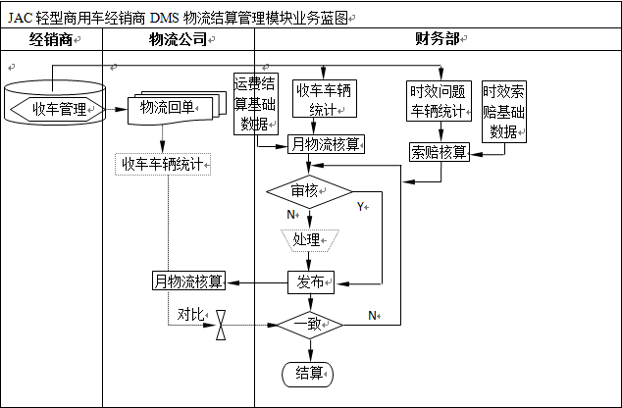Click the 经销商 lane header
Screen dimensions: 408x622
(52, 39)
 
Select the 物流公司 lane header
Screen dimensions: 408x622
(178, 39)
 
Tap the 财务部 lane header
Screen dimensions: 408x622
(438, 39)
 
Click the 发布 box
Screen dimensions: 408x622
(310, 281)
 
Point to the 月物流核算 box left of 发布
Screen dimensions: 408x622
(189, 281)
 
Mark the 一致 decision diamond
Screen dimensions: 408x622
(310, 324)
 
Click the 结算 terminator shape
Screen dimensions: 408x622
(309, 373)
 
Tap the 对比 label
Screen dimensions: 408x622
(190, 315)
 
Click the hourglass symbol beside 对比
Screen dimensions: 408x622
(222, 325)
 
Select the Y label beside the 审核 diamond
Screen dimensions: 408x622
(360, 207)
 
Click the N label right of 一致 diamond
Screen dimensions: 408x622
(373, 315)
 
